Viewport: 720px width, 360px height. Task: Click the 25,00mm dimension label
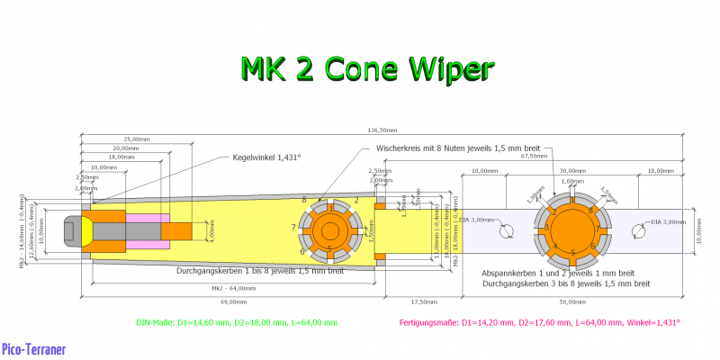[x=137, y=139]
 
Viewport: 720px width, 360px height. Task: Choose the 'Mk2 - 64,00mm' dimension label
[x=229, y=288]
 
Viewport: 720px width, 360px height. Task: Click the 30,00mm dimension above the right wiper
[x=572, y=170]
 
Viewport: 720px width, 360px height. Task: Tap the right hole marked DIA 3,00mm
[x=638, y=232]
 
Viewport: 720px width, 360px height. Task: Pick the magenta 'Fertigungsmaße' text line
[x=539, y=321]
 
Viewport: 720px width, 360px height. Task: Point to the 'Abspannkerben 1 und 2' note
[x=558, y=273]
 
